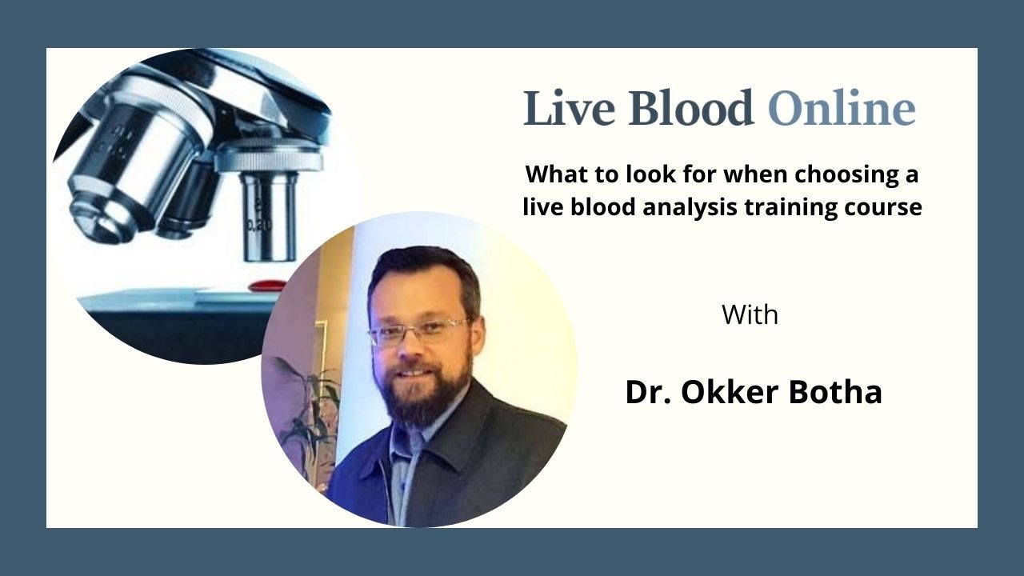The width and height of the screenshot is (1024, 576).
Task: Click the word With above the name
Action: click(x=750, y=314)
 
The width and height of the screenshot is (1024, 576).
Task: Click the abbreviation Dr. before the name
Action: click(x=646, y=392)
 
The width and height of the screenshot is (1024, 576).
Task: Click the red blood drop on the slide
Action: click(x=267, y=285)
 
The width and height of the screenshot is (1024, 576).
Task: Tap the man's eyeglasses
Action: click(x=418, y=330)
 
